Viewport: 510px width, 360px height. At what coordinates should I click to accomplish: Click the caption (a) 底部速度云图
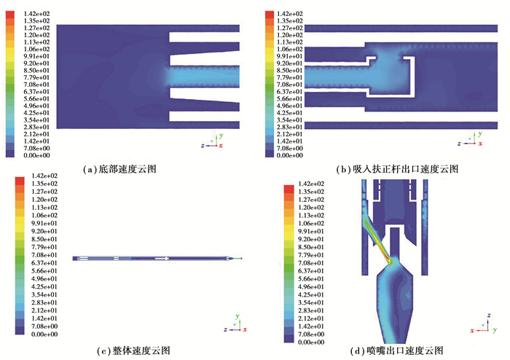click(119, 169)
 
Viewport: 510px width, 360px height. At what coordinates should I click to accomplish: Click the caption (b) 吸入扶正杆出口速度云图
click(397, 169)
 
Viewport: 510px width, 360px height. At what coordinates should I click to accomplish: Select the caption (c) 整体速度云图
click(133, 351)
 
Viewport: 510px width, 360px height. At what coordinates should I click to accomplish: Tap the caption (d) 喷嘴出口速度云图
click(396, 351)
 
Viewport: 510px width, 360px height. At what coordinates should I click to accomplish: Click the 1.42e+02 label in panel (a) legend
click(36, 14)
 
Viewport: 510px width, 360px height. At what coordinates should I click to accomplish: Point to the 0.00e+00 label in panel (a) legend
click(36, 155)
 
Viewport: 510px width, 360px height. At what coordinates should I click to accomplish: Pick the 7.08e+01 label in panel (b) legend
click(290, 85)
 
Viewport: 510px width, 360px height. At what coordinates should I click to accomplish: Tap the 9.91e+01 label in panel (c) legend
click(44, 224)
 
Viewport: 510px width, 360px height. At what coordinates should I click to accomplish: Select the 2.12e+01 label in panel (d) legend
click(311, 318)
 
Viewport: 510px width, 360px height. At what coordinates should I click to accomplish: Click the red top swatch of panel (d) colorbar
click(289, 189)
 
